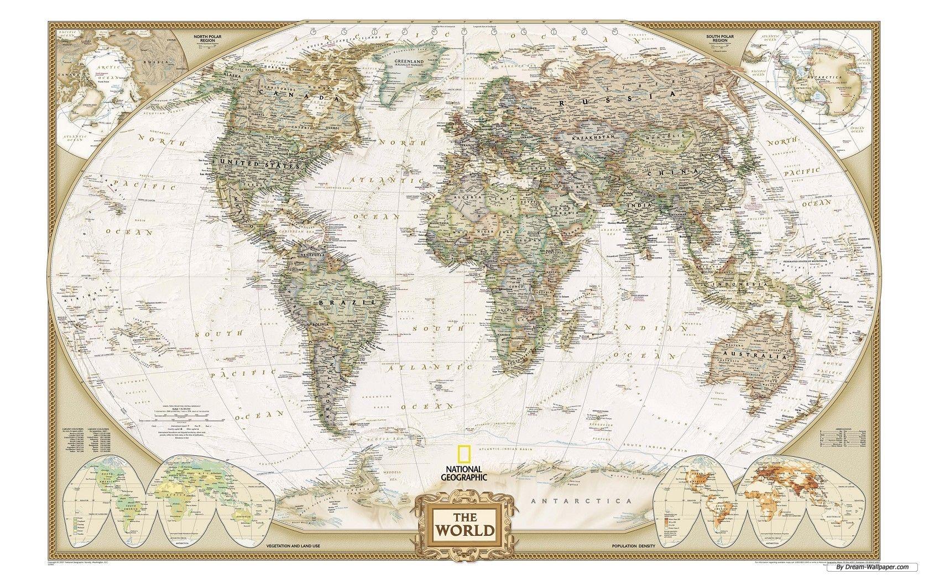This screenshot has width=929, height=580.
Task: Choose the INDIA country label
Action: click(x=634, y=205)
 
